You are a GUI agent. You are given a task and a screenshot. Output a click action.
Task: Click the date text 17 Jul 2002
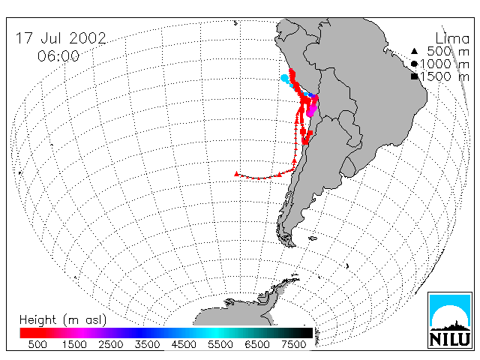[x=61, y=38]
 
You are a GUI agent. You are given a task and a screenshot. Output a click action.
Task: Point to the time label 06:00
[x=58, y=56]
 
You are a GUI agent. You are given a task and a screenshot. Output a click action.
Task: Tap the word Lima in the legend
[x=452, y=39]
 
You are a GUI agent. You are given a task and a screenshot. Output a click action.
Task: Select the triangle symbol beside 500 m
[x=414, y=51]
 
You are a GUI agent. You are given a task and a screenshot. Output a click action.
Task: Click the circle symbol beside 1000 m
[x=414, y=64]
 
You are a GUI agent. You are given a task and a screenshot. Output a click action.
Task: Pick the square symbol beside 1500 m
[x=415, y=76]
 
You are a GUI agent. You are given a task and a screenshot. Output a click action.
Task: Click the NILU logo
[x=450, y=320]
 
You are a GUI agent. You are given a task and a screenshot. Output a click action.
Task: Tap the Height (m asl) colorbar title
[x=63, y=320]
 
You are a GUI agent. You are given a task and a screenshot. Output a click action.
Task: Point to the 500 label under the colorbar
[x=37, y=344]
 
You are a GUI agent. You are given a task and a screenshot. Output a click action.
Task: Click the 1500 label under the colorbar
[x=74, y=344]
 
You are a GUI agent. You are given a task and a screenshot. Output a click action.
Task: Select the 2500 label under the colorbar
[x=110, y=344]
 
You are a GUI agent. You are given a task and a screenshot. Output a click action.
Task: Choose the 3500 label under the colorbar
[x=147, y=344]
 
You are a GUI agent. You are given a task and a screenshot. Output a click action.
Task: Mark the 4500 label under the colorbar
[x=184, y=344]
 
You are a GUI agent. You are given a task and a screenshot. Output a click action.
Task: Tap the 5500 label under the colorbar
[x=220, y=344]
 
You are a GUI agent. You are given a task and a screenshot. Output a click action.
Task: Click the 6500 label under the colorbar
[x=257, y=344]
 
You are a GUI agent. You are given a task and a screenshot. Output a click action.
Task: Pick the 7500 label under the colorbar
[x=293, y=344]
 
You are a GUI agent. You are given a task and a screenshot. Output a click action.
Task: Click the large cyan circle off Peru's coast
[x=285, y=78]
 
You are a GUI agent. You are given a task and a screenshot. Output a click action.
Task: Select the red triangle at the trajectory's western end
[x=236, y=174]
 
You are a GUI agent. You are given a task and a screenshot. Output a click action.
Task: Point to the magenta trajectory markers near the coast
[x=312, y=110]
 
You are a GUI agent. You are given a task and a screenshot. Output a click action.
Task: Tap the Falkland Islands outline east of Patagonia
[x=313, y=238]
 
